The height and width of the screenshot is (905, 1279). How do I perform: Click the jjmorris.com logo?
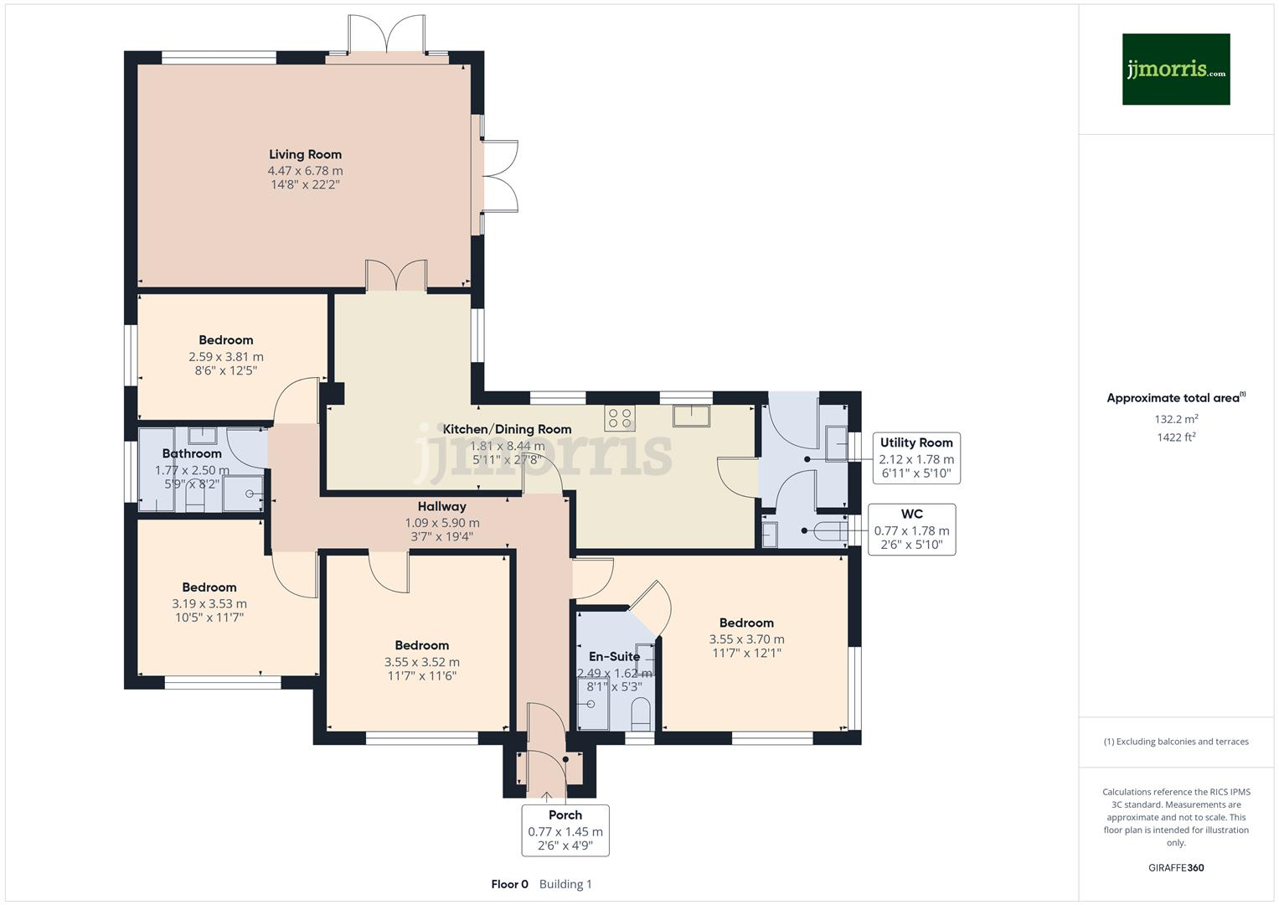tap(1175, 70)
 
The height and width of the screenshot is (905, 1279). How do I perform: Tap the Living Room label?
tap(305, 154)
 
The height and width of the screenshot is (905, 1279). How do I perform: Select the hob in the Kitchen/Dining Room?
tap(620, 418)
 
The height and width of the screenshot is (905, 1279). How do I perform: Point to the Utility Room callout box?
tap(916, 458)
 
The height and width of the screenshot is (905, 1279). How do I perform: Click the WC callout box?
tap(911, 530)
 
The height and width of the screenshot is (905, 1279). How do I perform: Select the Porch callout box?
tap(565, 830)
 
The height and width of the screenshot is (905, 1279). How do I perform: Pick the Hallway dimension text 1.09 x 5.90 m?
tap(442, 522)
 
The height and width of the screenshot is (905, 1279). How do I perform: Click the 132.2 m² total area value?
tap(1176, 419)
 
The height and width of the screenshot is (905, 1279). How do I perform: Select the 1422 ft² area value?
tap(1176, 437)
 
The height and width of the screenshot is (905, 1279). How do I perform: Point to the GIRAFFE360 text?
tap(1176, 867)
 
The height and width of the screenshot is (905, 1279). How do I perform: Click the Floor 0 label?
tap(509, 884)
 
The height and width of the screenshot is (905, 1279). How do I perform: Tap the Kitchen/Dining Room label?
tap(507, 429)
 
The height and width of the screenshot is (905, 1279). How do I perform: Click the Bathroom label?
tap(192, 453)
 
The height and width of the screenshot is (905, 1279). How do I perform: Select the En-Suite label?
tap(614, 657)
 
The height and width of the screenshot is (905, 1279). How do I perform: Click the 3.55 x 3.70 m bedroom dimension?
tap(746, 639)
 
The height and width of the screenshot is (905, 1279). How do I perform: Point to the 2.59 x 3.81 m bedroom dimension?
tap(225, 356)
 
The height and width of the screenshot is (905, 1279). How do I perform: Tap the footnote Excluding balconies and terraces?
tap(1176, 742)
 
